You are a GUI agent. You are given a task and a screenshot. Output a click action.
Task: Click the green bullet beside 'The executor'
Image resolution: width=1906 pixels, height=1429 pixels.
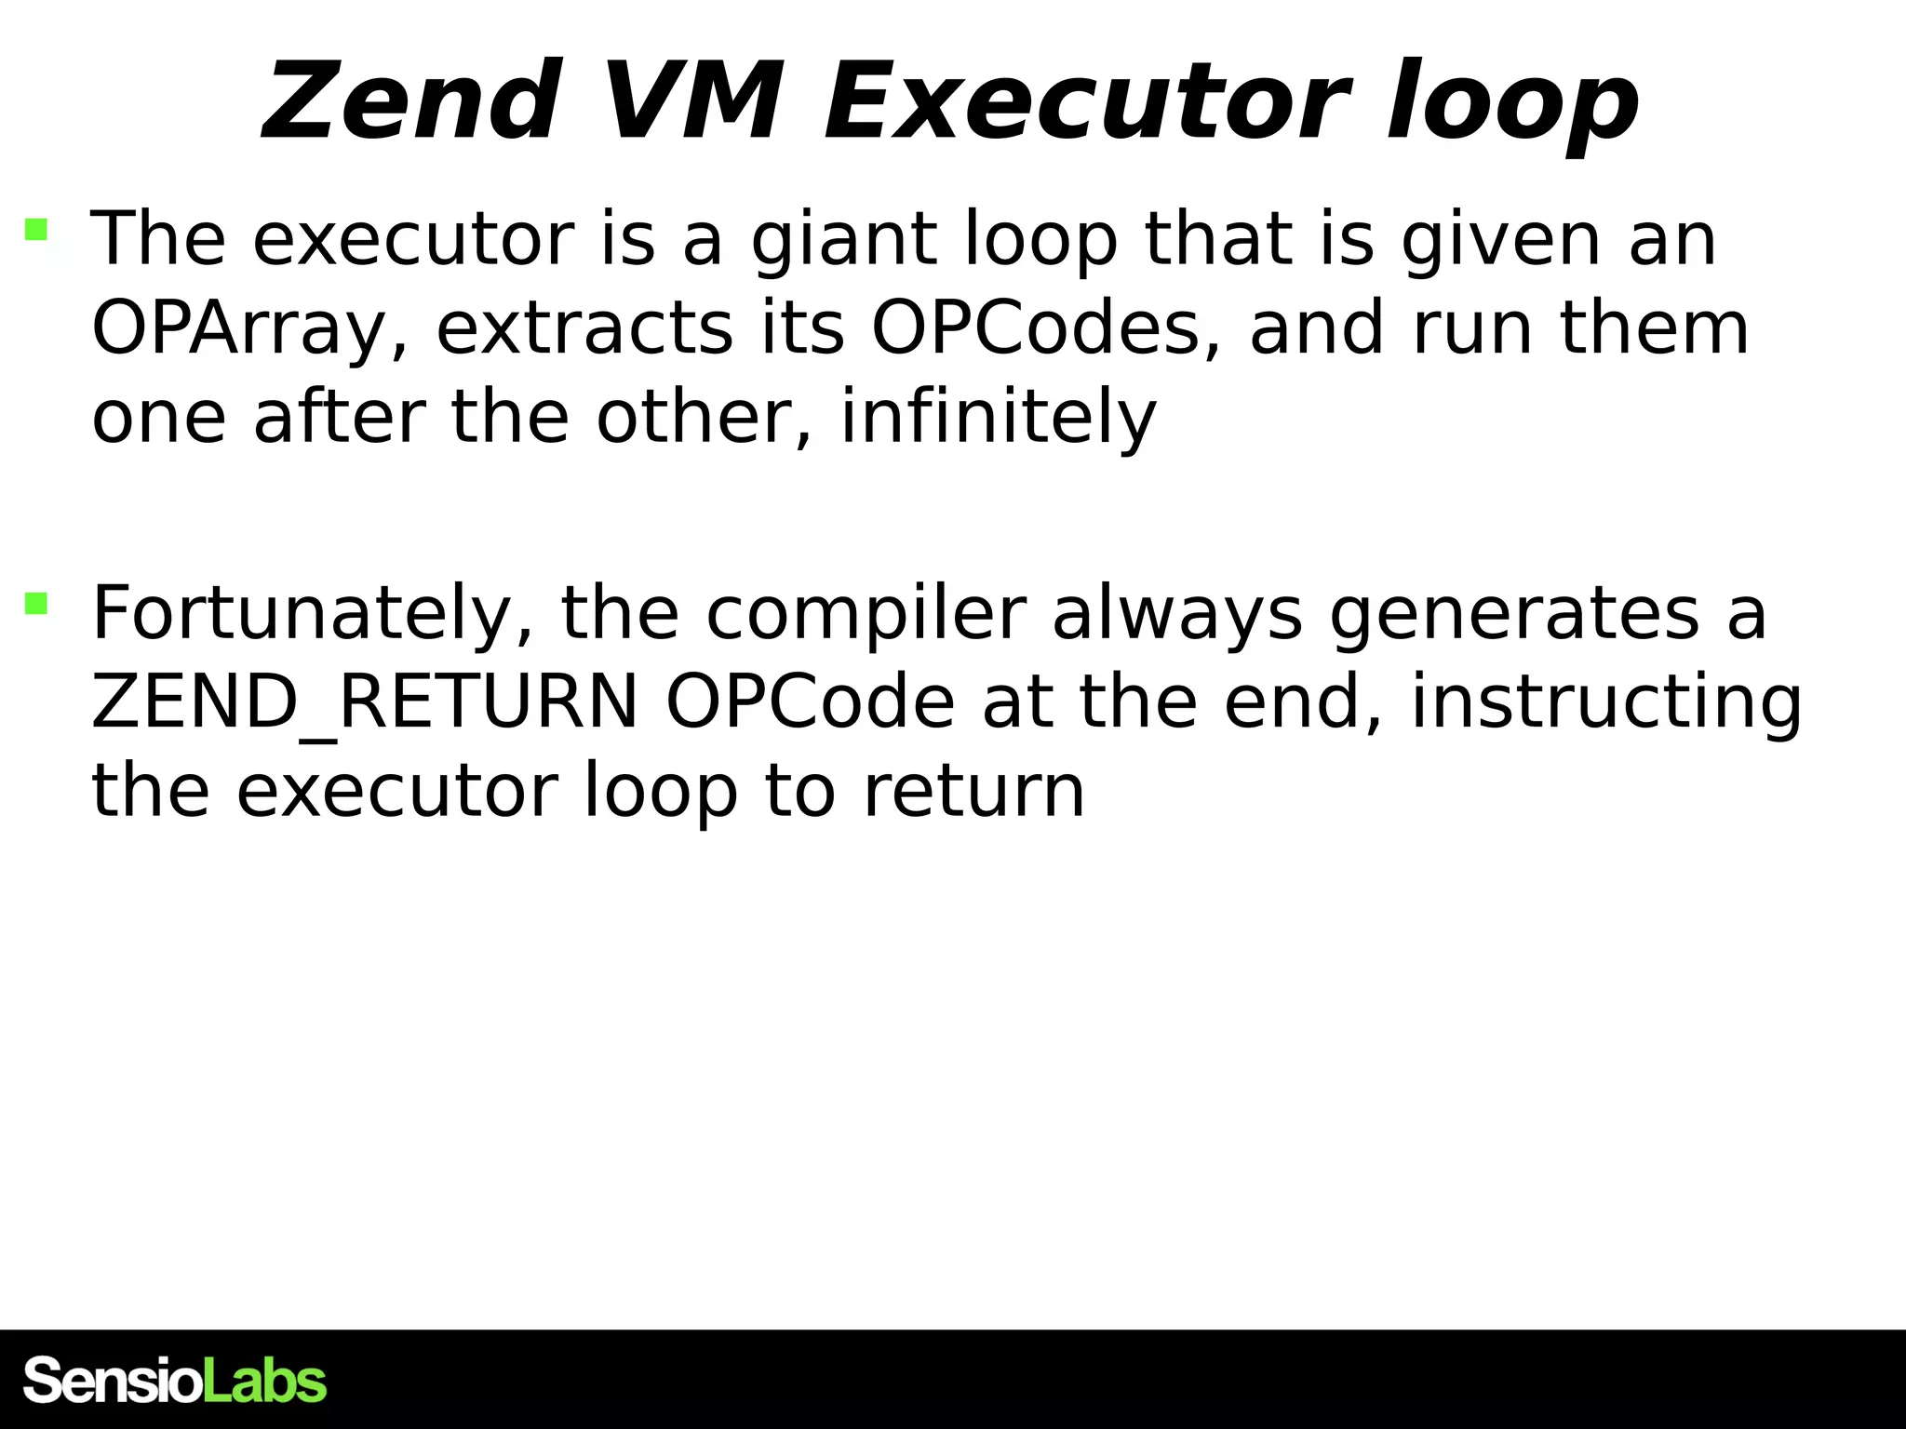coord(36,230)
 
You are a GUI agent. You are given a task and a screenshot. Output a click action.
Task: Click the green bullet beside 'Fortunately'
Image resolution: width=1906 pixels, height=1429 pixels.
coord(36,604)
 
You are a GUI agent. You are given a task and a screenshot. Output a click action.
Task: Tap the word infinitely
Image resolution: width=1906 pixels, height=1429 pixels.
coord(998,418)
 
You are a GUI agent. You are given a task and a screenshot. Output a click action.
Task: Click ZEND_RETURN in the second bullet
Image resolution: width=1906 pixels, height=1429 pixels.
coord(364,702)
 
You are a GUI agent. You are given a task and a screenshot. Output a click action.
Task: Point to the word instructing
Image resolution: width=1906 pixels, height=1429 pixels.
coord(1606,702)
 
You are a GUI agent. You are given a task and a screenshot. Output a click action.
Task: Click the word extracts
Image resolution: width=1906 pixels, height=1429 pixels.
coord(584,329)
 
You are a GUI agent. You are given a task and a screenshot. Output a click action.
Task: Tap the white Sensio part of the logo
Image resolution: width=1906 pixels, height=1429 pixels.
coord(112,1381)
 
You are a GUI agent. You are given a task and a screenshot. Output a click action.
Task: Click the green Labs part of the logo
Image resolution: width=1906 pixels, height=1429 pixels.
coord(264,1381)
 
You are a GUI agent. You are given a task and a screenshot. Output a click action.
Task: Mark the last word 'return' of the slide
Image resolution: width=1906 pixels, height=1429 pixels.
coord(973,792)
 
